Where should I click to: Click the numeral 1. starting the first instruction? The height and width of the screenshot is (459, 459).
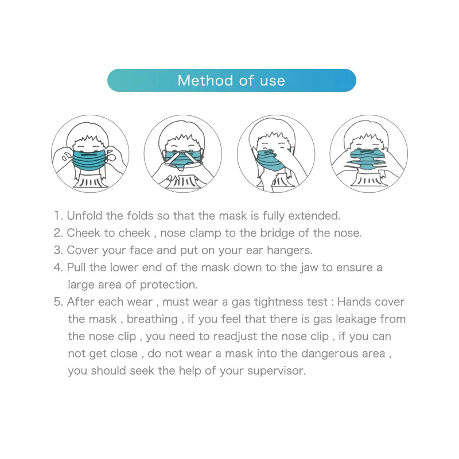(59, 216)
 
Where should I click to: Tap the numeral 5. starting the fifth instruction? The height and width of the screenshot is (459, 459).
(59, 302)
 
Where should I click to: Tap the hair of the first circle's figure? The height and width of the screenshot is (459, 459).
(88, 131)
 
